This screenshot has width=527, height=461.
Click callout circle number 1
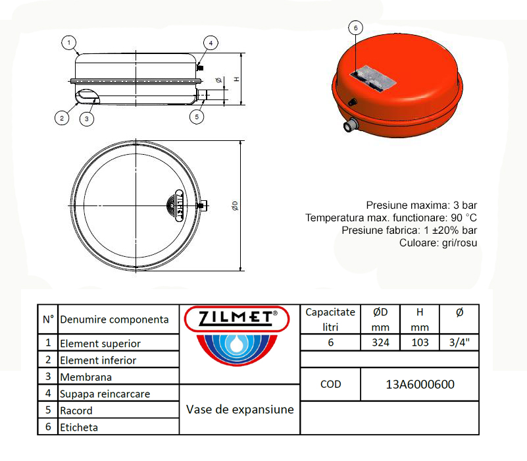click(68, 43)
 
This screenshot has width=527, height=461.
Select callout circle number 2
click(61, 119)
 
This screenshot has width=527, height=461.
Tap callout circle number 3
click(87, 119)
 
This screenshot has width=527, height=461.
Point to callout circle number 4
click(210, 43)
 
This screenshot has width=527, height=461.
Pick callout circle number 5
click(197, 117)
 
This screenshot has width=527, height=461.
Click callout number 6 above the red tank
click(355, 28)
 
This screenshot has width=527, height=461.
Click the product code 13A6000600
click(420, 385)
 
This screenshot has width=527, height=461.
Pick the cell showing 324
click(380, 342)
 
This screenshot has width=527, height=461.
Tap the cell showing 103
click(420, 342)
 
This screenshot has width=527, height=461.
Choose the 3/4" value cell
click(459, 342)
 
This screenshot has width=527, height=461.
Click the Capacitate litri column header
click(330, 319)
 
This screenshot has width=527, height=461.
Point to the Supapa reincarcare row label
click(105, 394)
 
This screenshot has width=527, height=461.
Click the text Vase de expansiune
click(239, 410)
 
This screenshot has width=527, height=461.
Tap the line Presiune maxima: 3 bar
click(421, 205)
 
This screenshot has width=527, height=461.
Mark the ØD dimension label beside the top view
click(234, 205)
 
